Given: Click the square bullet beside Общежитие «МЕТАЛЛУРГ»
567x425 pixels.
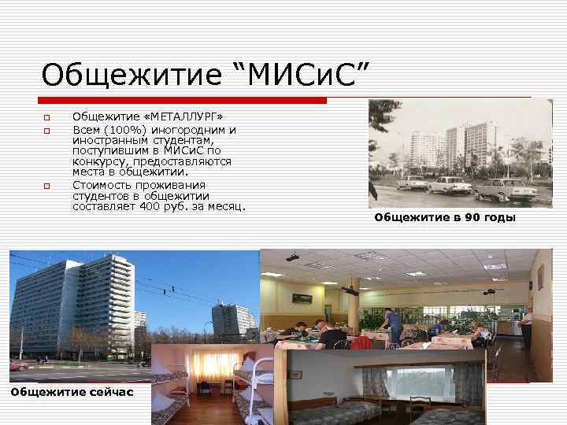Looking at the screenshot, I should pyautogui.click(x=46, y=119).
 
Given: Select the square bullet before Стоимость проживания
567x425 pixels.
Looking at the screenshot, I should pyautogui.click(x=46, y=186).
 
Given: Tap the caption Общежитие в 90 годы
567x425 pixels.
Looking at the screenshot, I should pyautogui.click(x=445, y=217).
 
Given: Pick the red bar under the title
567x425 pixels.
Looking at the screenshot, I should pyautogui.click(x=182, y=100).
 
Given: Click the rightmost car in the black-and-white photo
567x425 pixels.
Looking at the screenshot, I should pyautogui.click(x=505, y=189).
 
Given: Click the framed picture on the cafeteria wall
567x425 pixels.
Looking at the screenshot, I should pyautogui.click(x=301, y=297).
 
